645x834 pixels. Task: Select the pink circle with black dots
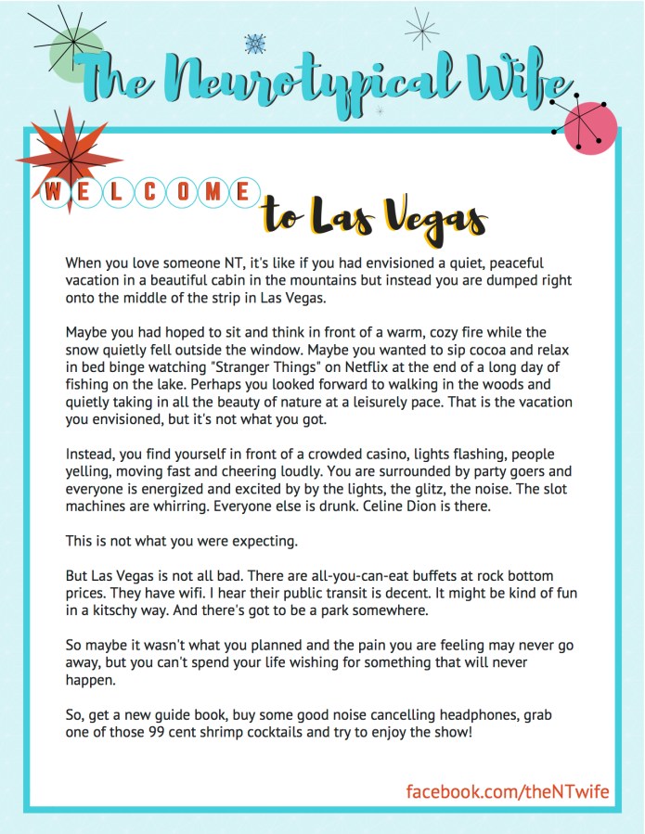(590, 126)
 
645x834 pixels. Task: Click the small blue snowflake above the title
(253, 43)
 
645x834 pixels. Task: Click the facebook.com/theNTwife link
(508, 790)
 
